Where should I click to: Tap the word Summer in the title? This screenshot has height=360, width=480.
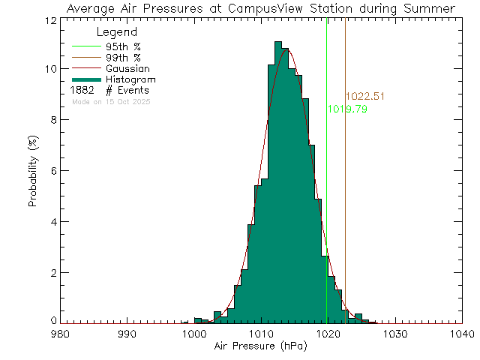point(429,8)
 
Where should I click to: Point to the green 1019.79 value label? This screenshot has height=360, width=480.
point(347,109)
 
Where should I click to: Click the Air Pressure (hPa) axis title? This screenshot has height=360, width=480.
point(261,346)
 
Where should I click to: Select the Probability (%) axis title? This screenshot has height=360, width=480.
point(34,171)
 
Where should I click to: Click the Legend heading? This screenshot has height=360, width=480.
point(117,33)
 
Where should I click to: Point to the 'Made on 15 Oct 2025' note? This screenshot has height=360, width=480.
point(110,100)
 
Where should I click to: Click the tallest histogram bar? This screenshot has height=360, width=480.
point(278,180)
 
